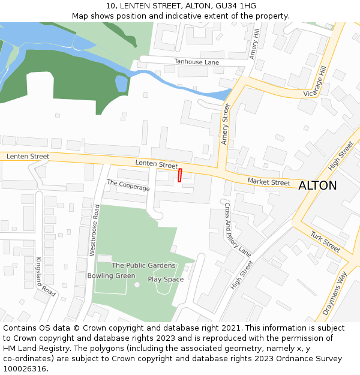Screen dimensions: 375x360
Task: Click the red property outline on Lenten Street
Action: [x=179, y=175]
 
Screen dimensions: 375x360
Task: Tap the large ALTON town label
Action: [x=317, y=185]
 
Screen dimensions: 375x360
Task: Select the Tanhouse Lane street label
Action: [x=197, y=62]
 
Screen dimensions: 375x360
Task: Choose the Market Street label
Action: [x=269, y=182]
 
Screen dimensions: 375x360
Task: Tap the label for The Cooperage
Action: [x=128, y=185]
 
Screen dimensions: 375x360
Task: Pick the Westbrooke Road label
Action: [x=94, y=230]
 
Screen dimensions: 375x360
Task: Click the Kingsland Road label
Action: [x=45, y=277]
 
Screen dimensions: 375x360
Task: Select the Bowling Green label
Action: [x=111, y=276]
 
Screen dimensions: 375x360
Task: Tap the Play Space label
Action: [x=166, y=280]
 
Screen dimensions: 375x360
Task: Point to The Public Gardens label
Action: [x=143, y=265]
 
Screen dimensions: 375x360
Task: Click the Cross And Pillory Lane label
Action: [x=237, y=230]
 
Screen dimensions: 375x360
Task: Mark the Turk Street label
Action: [x=325, y=242]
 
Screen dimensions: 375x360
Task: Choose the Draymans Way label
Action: [x=335, y=293]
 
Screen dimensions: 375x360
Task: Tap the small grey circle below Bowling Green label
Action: [x=137, y=284]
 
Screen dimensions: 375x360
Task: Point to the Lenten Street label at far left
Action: [x=28, y=157]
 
